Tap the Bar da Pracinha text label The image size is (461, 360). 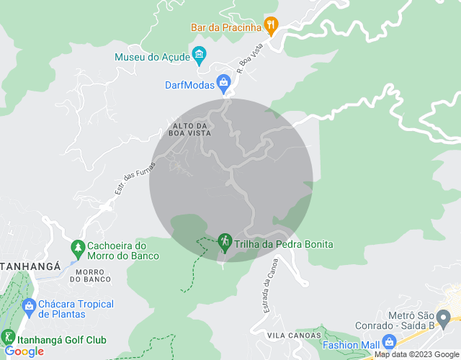[225, 27]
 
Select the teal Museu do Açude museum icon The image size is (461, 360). [200, 55]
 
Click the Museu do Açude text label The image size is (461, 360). [151, 57]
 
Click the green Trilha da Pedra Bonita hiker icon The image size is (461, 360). [224, 242]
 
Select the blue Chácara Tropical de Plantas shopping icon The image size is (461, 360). [29, 307]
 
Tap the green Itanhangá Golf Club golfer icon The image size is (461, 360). [8, 337]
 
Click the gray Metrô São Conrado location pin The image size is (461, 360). [444, 317]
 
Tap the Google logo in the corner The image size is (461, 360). [24, 351]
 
